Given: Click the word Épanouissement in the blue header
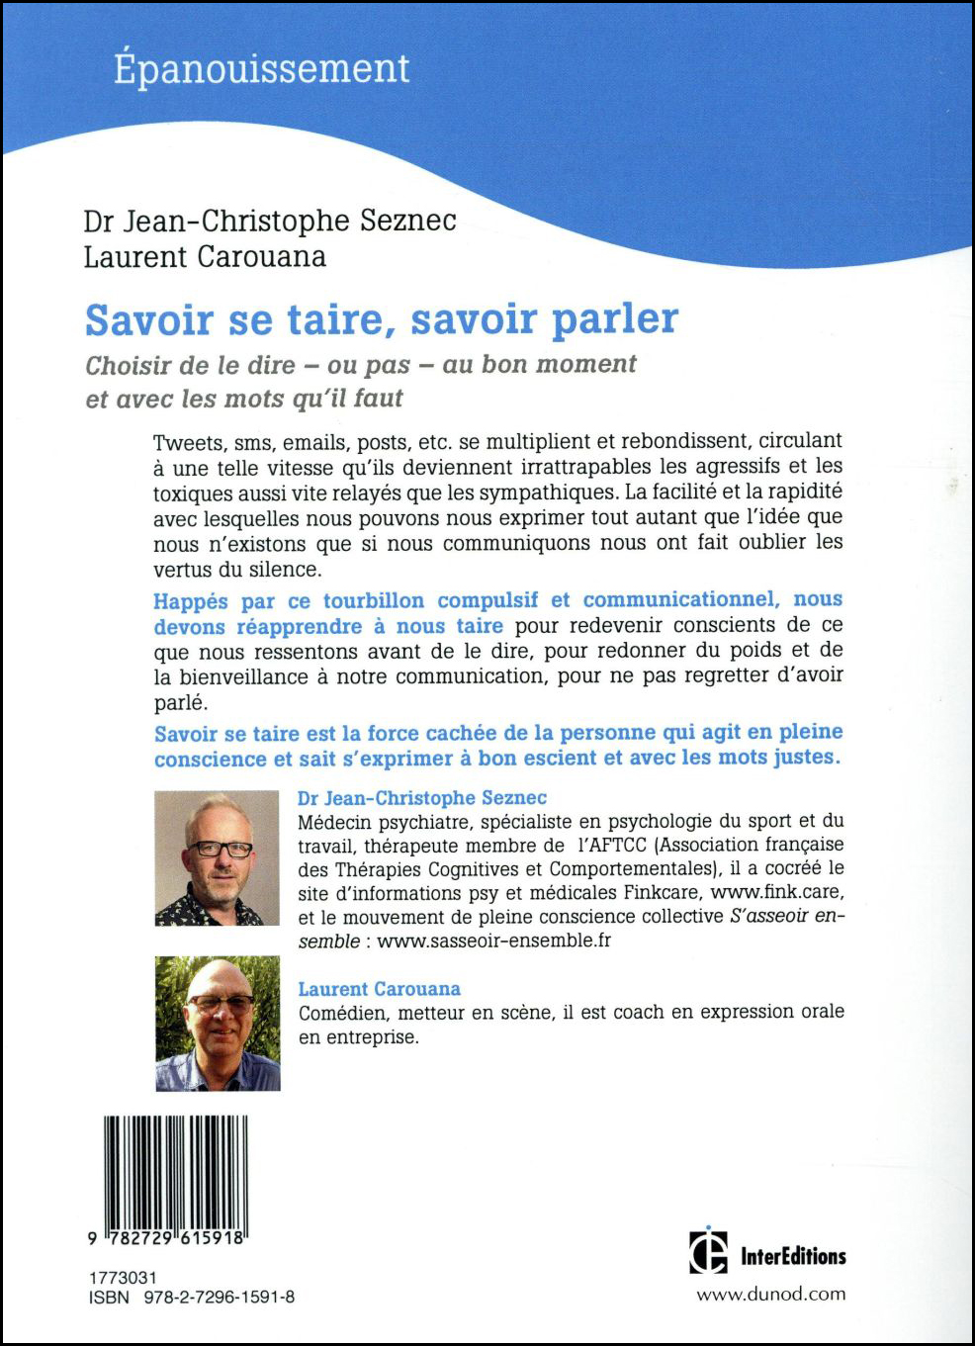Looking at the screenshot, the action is point(261,69).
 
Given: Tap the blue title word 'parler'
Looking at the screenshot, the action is point(614,319).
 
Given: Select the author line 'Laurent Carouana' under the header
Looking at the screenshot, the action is point(205,257).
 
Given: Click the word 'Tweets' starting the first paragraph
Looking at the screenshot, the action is point(188,442).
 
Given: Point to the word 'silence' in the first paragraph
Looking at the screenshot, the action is point(286,570).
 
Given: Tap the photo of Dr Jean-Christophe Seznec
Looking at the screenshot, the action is point(217,857).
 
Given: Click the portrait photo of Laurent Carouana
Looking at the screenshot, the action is point(218,1024).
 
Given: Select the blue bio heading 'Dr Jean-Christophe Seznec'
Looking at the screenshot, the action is point(422,798).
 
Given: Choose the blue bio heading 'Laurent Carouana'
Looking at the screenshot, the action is point(380,989).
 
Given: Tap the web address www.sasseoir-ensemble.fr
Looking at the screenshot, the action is point(493,941).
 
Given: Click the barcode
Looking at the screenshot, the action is point(175,1173).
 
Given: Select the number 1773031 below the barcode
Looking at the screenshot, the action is point(123,1278).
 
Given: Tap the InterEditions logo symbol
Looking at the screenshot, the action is point(708,1251).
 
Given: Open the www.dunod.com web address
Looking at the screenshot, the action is point(771,1295).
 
